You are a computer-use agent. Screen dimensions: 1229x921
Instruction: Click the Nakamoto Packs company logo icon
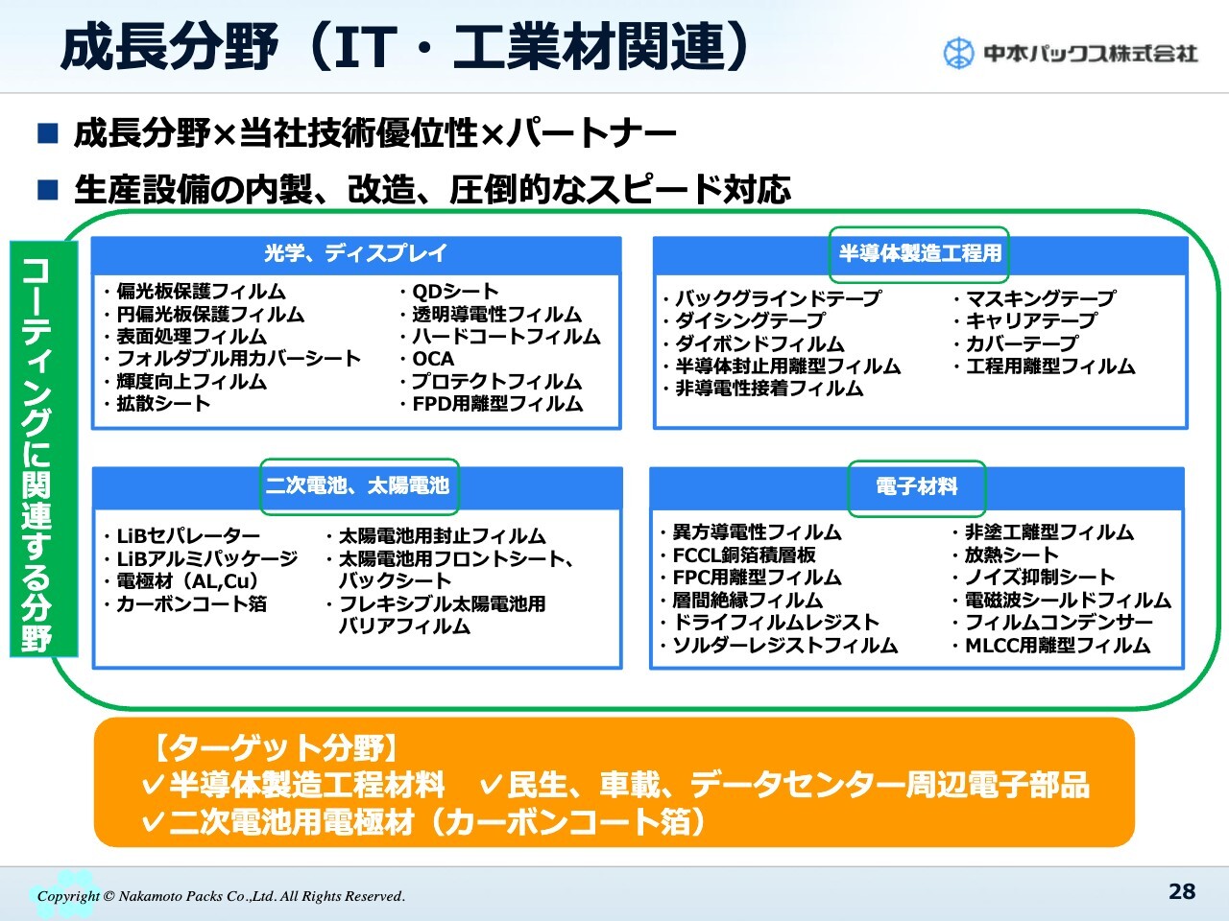coord(958,53)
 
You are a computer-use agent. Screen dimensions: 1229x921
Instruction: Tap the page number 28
coord(1182,891)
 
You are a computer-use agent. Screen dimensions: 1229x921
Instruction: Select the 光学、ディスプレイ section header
coord(356,253)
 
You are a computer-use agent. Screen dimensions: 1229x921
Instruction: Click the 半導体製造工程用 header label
coord(920,253)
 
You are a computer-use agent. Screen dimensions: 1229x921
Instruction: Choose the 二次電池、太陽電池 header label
coord(357,485)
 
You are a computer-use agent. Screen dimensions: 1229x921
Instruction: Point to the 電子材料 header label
coord(917,486)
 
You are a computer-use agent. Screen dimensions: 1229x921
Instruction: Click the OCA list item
coord(433,359)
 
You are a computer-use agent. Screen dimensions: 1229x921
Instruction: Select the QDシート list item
coord(455,292)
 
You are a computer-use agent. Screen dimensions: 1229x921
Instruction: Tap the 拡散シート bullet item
coord(163,403)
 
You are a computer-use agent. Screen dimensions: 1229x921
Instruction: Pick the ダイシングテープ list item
coord(750,320)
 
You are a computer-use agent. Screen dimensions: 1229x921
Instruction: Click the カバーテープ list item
coord(1022,342)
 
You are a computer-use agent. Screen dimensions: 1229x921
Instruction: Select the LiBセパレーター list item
coord(188,536)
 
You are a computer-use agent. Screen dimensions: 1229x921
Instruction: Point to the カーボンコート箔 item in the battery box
coord(191,604)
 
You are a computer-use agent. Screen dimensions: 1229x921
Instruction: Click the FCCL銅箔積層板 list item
coord(744,555)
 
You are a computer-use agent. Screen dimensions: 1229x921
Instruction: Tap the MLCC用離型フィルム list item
coord(1058,646)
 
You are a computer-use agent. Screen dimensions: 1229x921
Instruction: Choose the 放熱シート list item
coord(1011,555)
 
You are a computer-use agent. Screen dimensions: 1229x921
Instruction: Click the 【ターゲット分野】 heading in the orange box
coord(274,748)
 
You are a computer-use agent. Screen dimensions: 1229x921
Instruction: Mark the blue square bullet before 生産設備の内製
coord(48,190)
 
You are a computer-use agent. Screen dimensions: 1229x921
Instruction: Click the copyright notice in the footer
coord(221,896)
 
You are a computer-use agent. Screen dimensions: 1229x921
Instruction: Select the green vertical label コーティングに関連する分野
coord(43,448)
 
